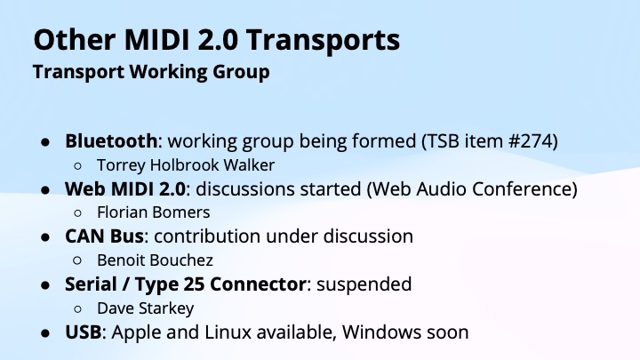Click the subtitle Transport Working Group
coord(151,72)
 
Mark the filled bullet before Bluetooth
coord(45,141)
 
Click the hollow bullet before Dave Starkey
coord(79,309)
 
